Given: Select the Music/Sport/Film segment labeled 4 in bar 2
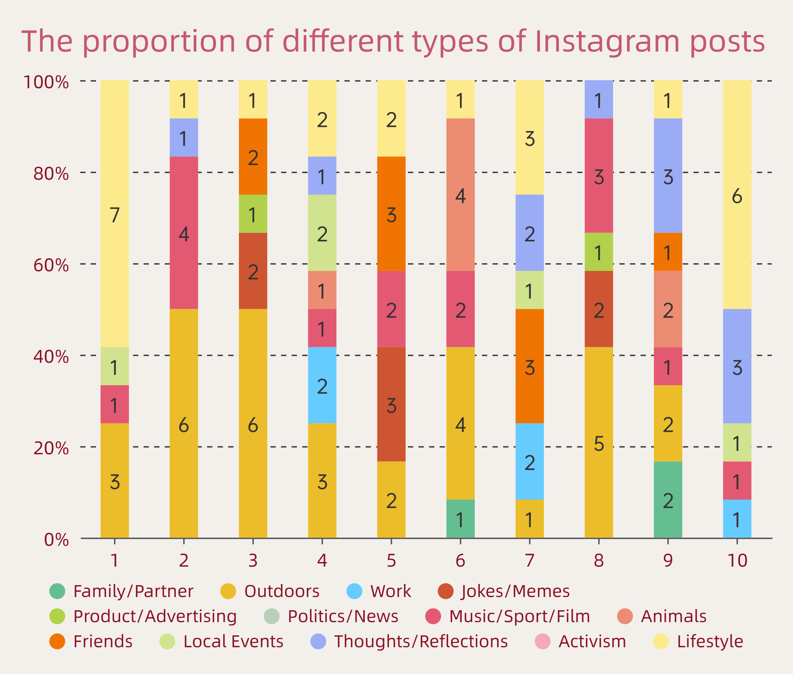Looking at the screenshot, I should [184, 233].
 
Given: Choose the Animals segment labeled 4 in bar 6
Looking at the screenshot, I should [461, 195].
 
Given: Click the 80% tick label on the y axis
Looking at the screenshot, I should [51, 173].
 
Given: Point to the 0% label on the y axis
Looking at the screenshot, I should [57, 540].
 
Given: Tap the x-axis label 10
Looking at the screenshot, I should [737, 561].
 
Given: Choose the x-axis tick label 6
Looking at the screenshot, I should [461, 561].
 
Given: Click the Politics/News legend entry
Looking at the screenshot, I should [342, 616].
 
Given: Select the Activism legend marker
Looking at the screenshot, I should [543, 642].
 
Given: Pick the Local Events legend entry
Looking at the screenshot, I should [233, 642].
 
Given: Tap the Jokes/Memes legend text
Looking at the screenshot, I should [515, 591].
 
